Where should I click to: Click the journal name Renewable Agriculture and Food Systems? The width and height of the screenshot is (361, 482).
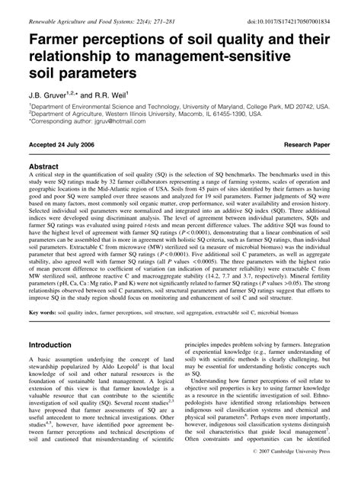point(76,10)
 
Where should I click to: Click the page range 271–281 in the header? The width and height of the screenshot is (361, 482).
point(159,10)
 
